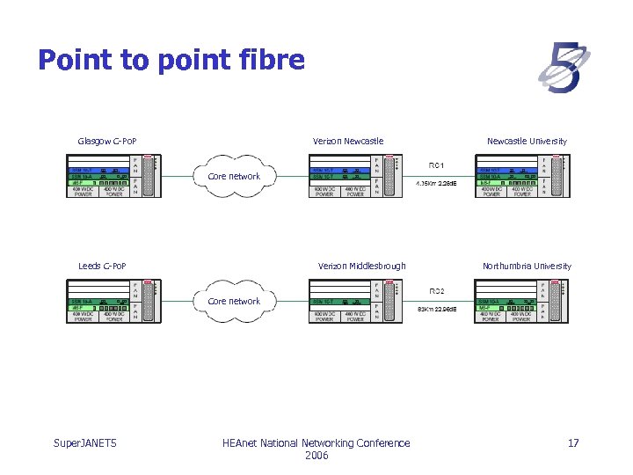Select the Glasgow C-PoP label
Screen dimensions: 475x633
click(x=107, y=141)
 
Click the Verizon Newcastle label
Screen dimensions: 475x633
click(x=348, y=141)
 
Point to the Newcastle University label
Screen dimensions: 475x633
click(x=527, y=141)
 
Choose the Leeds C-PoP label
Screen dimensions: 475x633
click(x=102, y=266)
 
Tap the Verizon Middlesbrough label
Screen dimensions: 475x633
click(x=362, y=266)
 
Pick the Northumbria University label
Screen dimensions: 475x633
click(x=527, y=266)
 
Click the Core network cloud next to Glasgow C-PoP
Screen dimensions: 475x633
click(x=234, y=176)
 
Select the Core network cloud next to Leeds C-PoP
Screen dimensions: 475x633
click(x=234, y=301)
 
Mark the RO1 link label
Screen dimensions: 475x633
click(x=437, y=164)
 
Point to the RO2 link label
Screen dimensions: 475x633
click(x=437, y=290)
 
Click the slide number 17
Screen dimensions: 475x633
click(x=573, y=443)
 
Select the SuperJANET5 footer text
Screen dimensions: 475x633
click(x=84, y=443)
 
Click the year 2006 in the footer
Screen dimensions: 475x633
click(x=316, y=456)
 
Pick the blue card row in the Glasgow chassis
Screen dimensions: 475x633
click(x=98, y=170)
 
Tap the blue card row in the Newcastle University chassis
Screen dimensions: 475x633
click(x=506, y=170)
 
